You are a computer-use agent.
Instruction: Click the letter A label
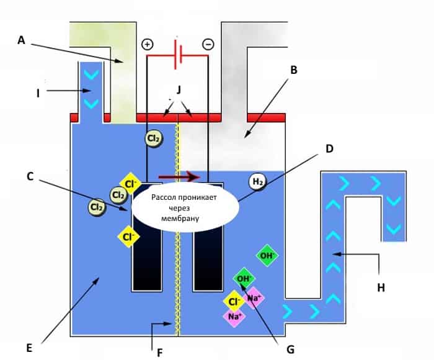pos(21,40)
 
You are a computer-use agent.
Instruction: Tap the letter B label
pos(294,70)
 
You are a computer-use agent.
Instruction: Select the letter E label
pos(29,348)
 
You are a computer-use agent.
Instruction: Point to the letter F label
pos(160,353)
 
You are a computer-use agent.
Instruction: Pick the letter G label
pos(290,349)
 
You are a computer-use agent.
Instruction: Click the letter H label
pos(381,287)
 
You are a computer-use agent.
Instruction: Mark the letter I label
pos(38,93)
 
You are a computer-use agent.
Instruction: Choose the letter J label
pos(179,90)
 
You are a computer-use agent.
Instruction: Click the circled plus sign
pos(148,44)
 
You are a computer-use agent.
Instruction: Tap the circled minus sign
pos(208,44)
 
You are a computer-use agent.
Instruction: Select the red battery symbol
pos(177,55)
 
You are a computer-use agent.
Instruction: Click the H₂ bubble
pos(258,181)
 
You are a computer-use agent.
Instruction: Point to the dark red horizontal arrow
pos(179,176)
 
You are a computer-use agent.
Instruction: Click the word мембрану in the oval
pos(180,218)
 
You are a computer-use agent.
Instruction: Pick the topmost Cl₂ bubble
pos(154,138)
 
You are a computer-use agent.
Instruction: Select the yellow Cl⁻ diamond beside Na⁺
pos(234,302)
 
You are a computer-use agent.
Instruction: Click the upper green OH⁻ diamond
pos(267,256)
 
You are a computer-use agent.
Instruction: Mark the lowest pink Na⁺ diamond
pos(235,316)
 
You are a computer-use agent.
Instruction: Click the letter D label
pos(329,149)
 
